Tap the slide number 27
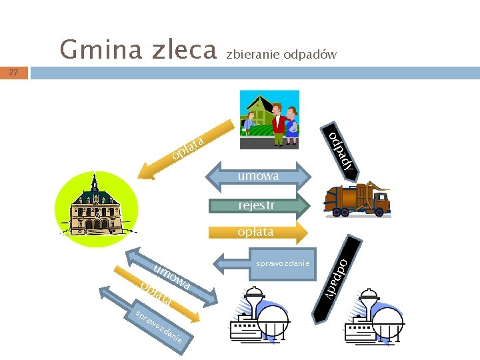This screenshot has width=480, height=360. [x=14, y=72]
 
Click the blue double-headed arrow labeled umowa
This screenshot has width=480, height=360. [x=259, y=176]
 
